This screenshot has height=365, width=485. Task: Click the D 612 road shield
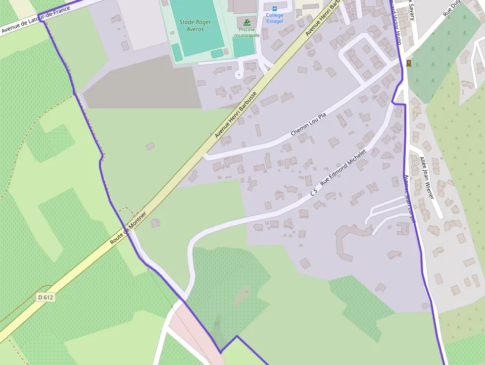point(45,298)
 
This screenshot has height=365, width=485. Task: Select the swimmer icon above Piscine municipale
point(246,22)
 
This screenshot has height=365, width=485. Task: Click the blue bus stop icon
point(274,8)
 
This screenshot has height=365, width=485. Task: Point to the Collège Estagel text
point(275,18)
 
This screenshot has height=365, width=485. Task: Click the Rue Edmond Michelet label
point(343,167)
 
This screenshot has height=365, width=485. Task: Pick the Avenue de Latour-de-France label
point(38,19)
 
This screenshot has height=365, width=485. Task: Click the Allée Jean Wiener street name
point(426,178)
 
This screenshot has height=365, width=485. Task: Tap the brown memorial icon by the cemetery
point(409,63)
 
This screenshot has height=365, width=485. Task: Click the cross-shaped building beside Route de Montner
point(156,223)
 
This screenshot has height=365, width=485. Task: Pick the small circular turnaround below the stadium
point(239,75)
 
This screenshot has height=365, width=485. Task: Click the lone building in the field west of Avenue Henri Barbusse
point(150,146)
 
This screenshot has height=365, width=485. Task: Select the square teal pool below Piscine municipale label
point(243,48)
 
